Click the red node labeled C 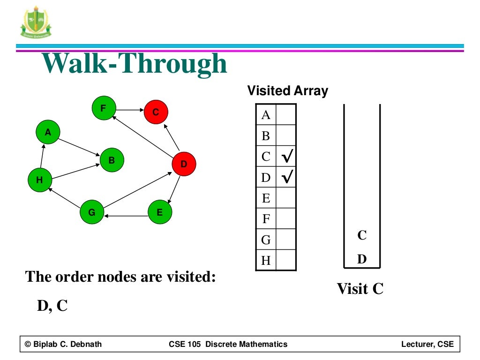156,112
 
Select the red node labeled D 184,164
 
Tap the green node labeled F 103,109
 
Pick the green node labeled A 48,133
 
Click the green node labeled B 112,160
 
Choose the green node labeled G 92,212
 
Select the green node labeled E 160,212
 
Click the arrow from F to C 129,110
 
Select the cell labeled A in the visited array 266,115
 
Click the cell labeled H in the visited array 266,261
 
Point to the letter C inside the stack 362,235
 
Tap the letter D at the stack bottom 362,259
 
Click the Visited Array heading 287,90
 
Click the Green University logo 36,22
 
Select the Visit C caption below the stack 360,289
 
